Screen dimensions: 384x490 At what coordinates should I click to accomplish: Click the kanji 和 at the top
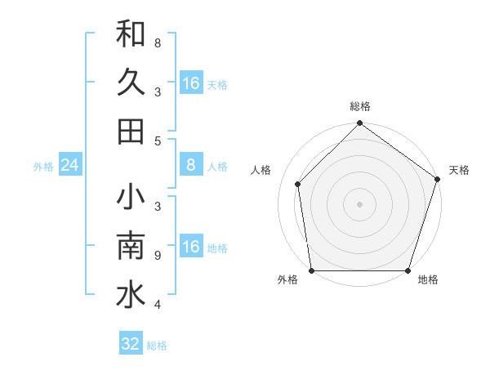[131, 34]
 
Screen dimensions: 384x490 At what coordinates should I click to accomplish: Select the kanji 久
[131, 83]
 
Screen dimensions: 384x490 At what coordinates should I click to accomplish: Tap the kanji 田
[131, 131]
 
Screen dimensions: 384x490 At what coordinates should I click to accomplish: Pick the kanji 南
[131, 247]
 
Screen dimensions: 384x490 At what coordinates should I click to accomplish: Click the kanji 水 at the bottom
[131, 295]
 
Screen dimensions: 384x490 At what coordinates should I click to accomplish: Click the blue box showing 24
[70, 166]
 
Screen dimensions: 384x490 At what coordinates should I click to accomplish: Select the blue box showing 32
[131, 344]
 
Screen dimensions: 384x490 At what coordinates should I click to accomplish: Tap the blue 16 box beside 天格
[191, 83]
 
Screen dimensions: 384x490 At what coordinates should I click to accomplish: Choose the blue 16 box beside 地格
[191, 247]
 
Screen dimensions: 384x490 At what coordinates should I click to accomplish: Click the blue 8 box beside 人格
[191, 165]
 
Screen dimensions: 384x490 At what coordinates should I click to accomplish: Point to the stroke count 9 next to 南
[157, 256]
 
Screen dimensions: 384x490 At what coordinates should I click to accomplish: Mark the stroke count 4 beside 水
[157, 305]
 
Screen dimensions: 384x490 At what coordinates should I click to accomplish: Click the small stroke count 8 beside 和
[157, 43]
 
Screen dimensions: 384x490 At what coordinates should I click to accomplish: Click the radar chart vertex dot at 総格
[359, 124]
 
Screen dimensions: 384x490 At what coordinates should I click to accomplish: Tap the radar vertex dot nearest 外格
[312, 270]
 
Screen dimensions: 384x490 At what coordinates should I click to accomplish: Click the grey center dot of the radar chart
[359, 204]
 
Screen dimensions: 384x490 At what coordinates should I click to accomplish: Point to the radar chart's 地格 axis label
[428, 280]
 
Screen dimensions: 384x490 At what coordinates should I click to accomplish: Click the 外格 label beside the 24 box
[43, 167]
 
